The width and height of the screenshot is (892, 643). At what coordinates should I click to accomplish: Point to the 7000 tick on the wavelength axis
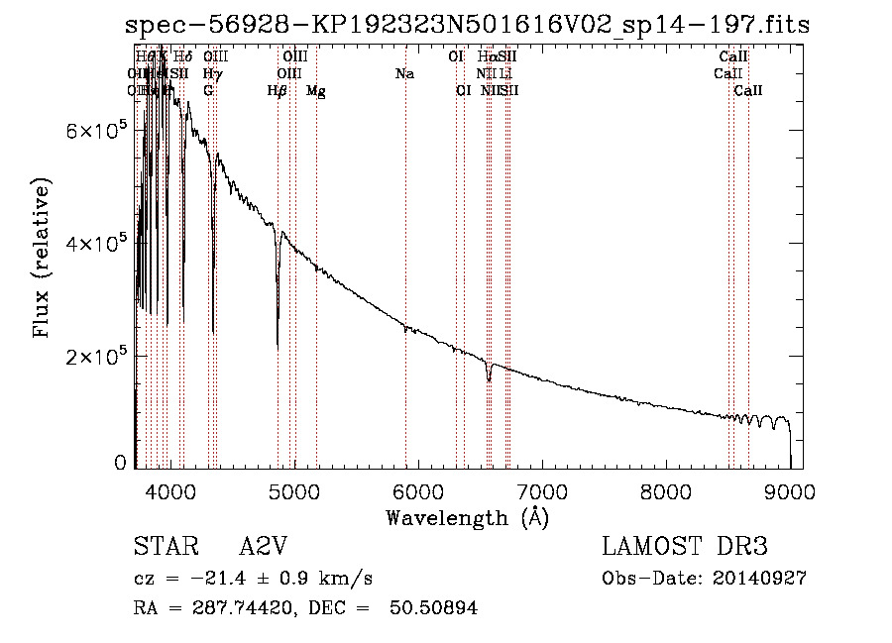click(x=542, y=489)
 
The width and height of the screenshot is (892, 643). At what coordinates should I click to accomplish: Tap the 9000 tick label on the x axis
click(x=790, y=489)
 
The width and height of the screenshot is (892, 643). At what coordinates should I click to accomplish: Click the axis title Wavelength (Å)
click(x=467, y=517)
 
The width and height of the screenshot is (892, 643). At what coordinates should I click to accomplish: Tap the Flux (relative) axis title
click(x=43, y=260)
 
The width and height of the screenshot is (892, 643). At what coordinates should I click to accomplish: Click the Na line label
click(x=404, y=74)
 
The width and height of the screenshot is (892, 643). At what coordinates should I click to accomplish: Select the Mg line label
click(x=316, y=91)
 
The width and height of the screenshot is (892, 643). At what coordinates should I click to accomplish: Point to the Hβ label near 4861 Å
click(x=278, y=91)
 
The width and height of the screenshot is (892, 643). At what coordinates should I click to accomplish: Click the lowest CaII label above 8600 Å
click(x=748, y=91)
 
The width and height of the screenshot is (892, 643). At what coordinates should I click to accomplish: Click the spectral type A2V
click(x=266, y=547)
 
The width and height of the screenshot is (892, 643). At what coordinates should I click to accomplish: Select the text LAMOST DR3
click(x=685, y=547)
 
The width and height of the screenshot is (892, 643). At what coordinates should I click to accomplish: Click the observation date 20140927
click(x=758, y=578)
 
